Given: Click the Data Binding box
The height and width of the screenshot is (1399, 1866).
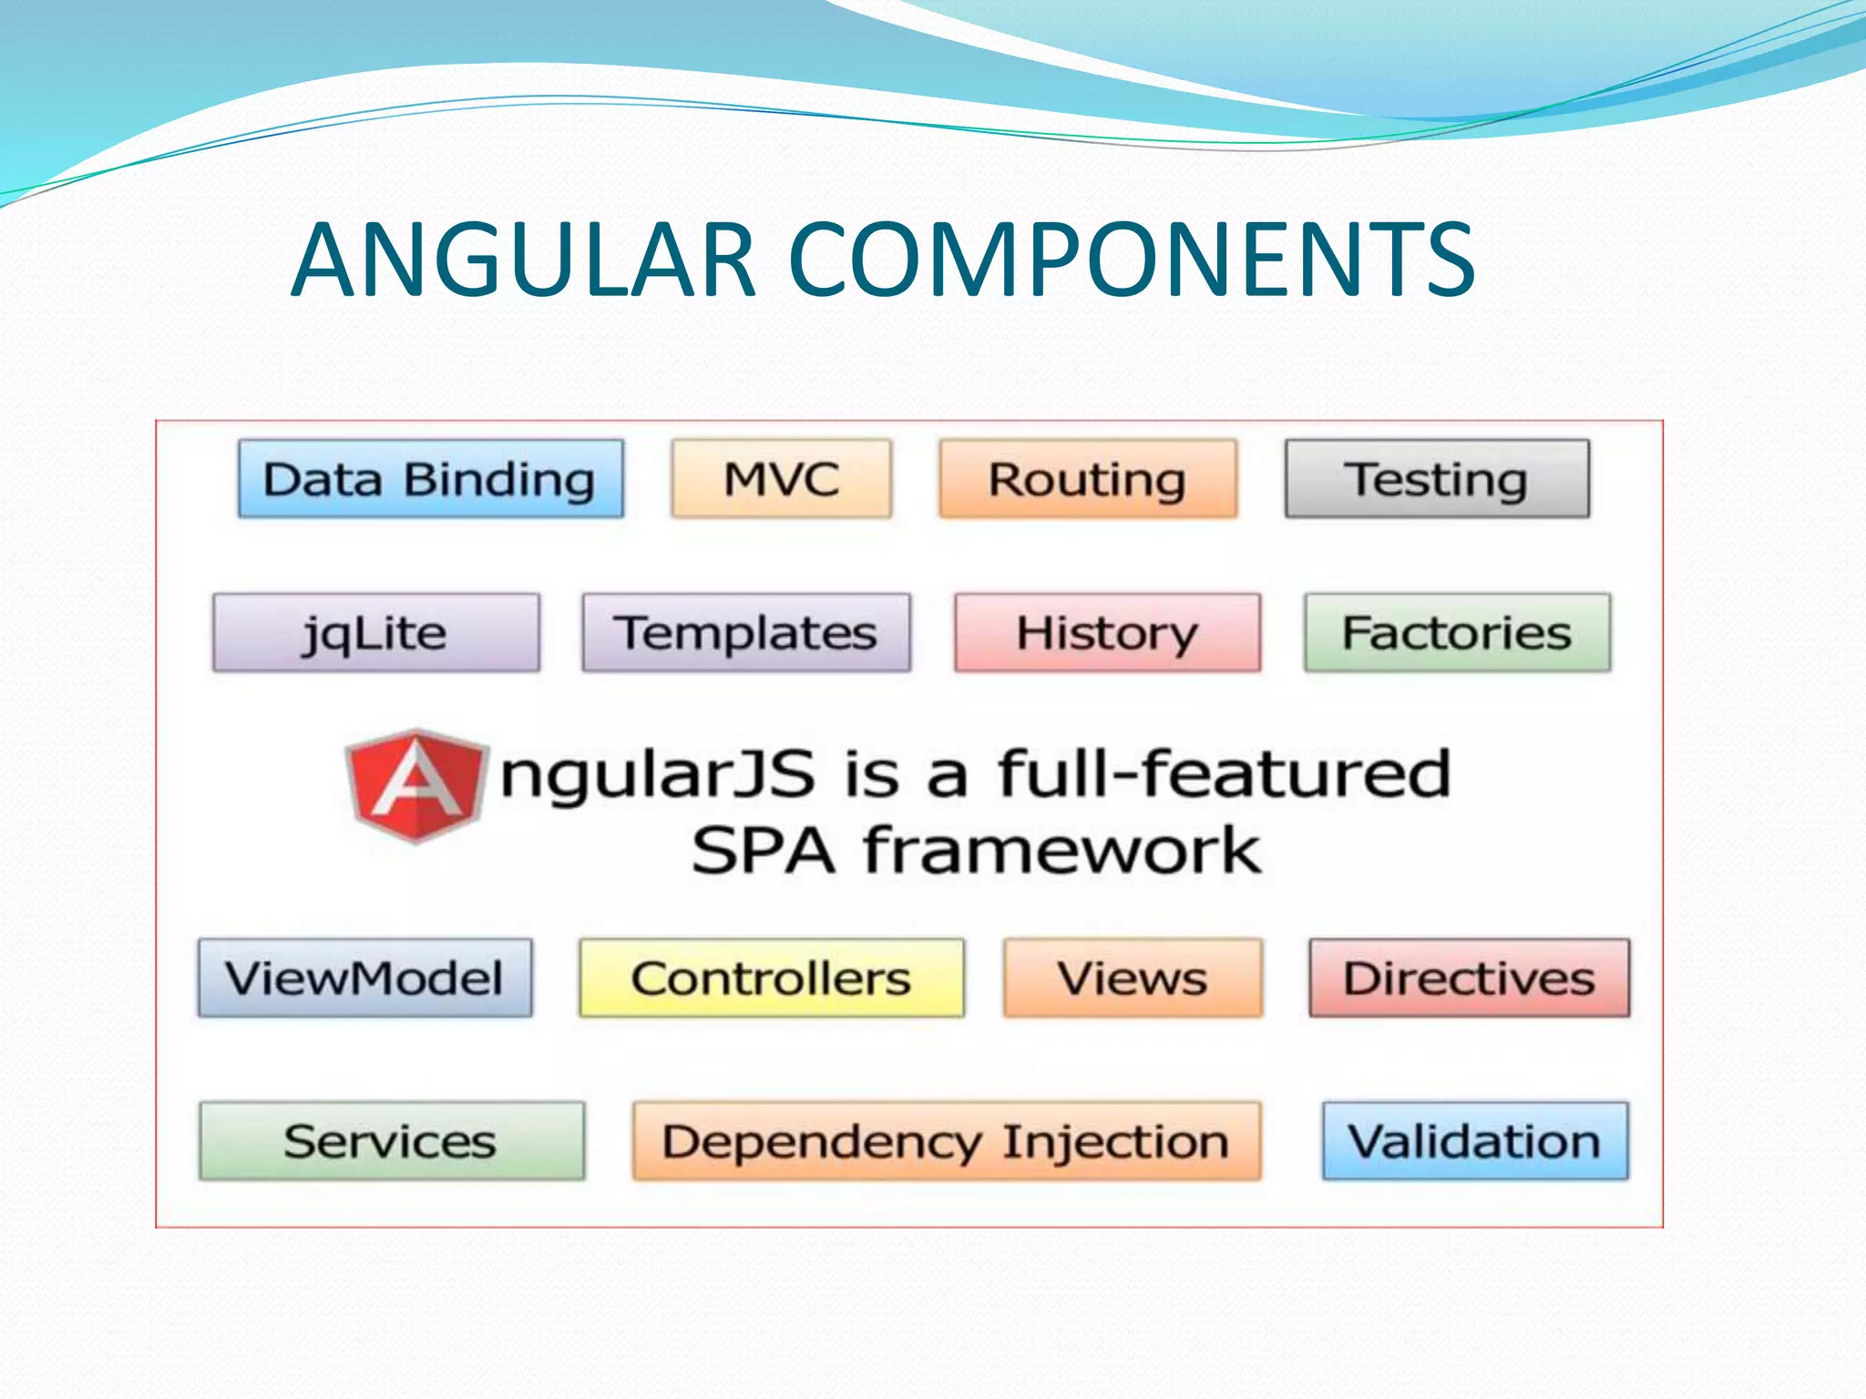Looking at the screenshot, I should click(x=431, y=479).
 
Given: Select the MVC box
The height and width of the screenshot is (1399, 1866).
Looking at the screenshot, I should click(x=782, y=479).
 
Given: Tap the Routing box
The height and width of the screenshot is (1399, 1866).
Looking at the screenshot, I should click(x=1088, y=479).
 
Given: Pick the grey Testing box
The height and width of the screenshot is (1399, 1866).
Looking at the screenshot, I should click(x=1437, y=479).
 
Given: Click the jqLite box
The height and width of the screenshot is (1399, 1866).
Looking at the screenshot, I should click(x=375, y=633).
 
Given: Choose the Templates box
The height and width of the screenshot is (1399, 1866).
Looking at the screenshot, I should click(x=746, y=633).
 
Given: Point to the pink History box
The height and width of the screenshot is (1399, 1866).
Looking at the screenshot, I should click(x=1108, y=633).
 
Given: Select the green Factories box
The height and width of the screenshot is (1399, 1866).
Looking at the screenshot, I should click(x=1457, y=633).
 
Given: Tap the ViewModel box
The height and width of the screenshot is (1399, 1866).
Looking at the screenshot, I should click(x=364, y=978).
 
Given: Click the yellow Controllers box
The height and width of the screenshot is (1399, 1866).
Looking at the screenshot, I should click(x=772, y=978).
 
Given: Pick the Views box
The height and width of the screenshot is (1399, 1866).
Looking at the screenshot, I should click(x=1133, y=978).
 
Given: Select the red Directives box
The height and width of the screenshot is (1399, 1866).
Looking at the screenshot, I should click(x=1469, y=978).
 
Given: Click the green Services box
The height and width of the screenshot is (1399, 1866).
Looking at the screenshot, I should click(x=392, y=1141).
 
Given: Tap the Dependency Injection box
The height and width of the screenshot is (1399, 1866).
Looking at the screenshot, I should click(x=947, y=1141).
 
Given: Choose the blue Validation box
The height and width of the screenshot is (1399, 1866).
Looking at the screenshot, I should click(x=1475, y=1141).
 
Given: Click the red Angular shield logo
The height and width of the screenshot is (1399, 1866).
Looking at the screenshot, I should click(x=416, y=785).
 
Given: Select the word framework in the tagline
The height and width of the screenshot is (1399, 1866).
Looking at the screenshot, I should click(x=1061, y=851).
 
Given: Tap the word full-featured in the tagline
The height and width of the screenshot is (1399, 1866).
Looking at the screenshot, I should click(x=1224, y=774).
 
